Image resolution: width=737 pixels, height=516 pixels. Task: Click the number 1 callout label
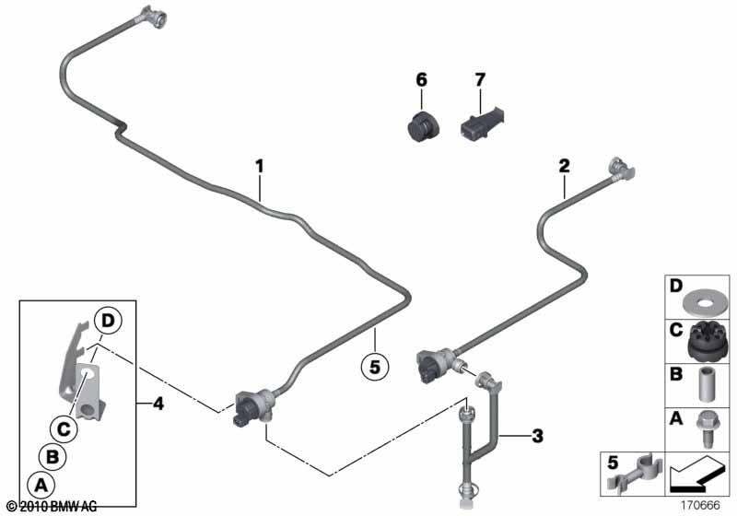(x=260, y=167)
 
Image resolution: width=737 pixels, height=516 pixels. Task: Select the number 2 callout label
(x=564, y=167)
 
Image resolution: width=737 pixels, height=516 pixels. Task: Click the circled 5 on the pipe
(x=374, y=366)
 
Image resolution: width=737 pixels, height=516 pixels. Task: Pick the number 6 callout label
(x=421, y=80)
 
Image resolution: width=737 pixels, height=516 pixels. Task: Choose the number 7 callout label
(x=478, y=80)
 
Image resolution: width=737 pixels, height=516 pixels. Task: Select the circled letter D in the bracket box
(x=109, y=322)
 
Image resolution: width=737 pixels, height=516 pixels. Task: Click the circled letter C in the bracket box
(x=64, y=428)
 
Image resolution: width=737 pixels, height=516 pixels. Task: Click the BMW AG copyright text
(x=52, y=507)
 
